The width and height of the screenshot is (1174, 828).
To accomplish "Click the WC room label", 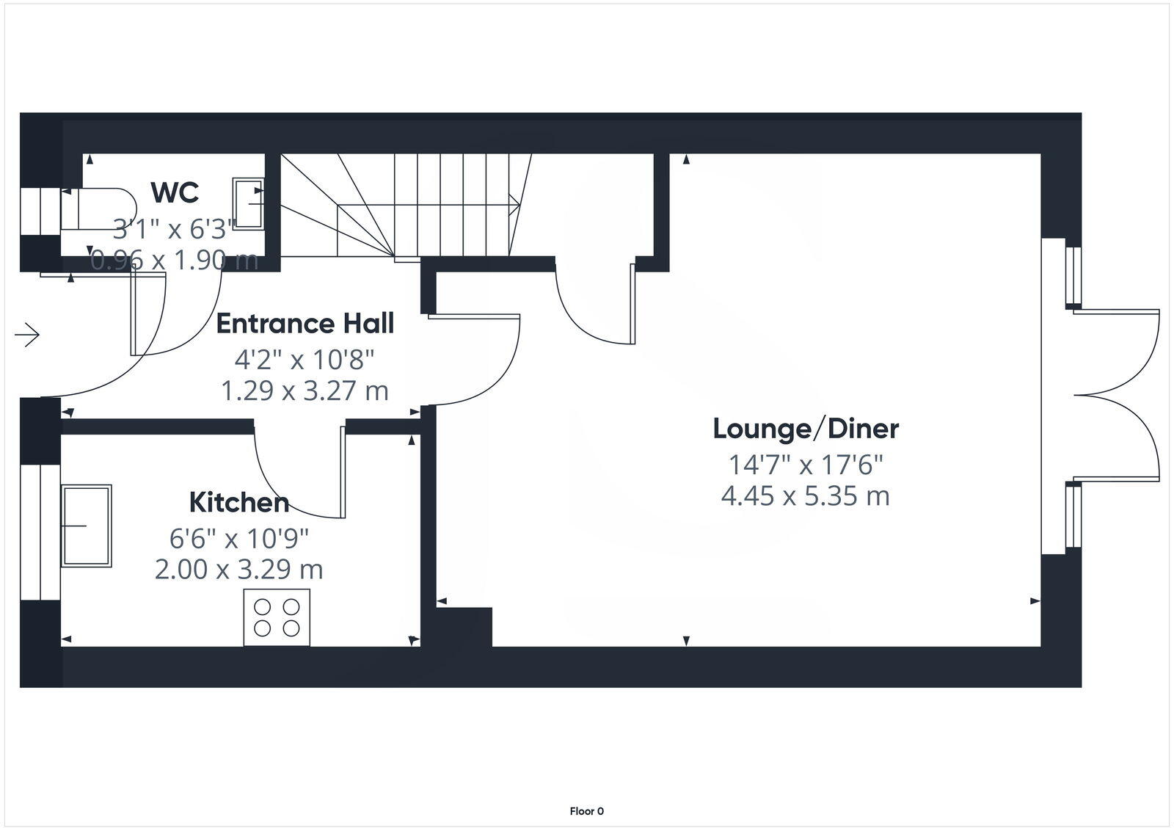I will click(x=175, y=192).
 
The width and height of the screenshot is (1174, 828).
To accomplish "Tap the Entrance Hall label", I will click(x=305, y=324).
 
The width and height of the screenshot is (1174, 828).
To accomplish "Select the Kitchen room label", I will click(x=238, y=503).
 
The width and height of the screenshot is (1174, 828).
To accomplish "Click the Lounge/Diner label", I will click(x=806, y=429).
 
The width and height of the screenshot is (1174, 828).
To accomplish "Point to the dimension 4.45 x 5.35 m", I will click(x=806, y=496).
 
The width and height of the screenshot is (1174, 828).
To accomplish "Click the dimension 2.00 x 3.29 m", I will click(x=238, y=570).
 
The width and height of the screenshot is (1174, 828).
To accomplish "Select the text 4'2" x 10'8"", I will click(x=305, y=360).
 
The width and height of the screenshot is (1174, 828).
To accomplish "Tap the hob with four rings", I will click(x=277, y=617).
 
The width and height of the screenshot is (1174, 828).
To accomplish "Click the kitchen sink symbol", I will click(x=87, y=526).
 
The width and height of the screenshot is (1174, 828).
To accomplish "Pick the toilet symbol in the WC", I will click(x=99, y=208).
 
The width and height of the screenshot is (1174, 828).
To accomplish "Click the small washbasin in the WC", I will click(x=248, y=203).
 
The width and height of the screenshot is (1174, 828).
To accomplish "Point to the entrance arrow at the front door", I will click(x=27, y=335).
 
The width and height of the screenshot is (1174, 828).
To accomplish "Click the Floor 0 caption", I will click(x=586, y=811).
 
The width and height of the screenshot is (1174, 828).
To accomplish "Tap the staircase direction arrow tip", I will click(x=518, y=205).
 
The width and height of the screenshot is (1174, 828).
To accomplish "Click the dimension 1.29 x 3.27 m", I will click(x=305, y=391).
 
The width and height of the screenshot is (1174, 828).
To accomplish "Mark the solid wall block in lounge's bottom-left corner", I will click(x=464, y=627).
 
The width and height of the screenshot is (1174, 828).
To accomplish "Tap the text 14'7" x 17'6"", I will click(x=806, y=465).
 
